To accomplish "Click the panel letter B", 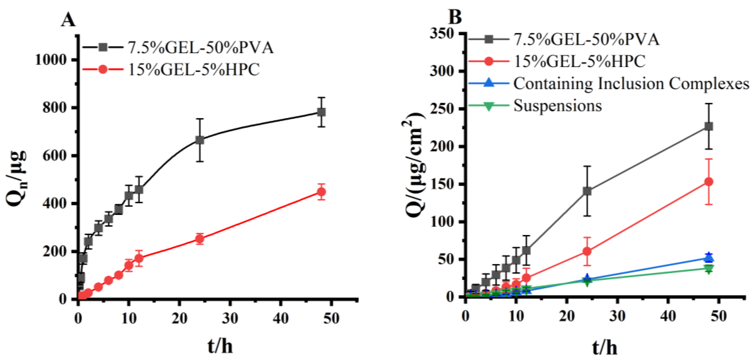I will point(455,17).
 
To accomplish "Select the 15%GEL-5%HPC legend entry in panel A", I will point(194,70).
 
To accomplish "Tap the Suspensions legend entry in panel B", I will point(558,106).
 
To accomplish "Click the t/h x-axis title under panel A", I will point(220,346).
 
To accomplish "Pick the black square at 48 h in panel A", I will point(321,112).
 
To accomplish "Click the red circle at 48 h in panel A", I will point(321,192).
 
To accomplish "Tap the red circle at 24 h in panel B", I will point(587,251).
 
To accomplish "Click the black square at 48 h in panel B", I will point(708,126).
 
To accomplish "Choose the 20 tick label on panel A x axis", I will point(179,318).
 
